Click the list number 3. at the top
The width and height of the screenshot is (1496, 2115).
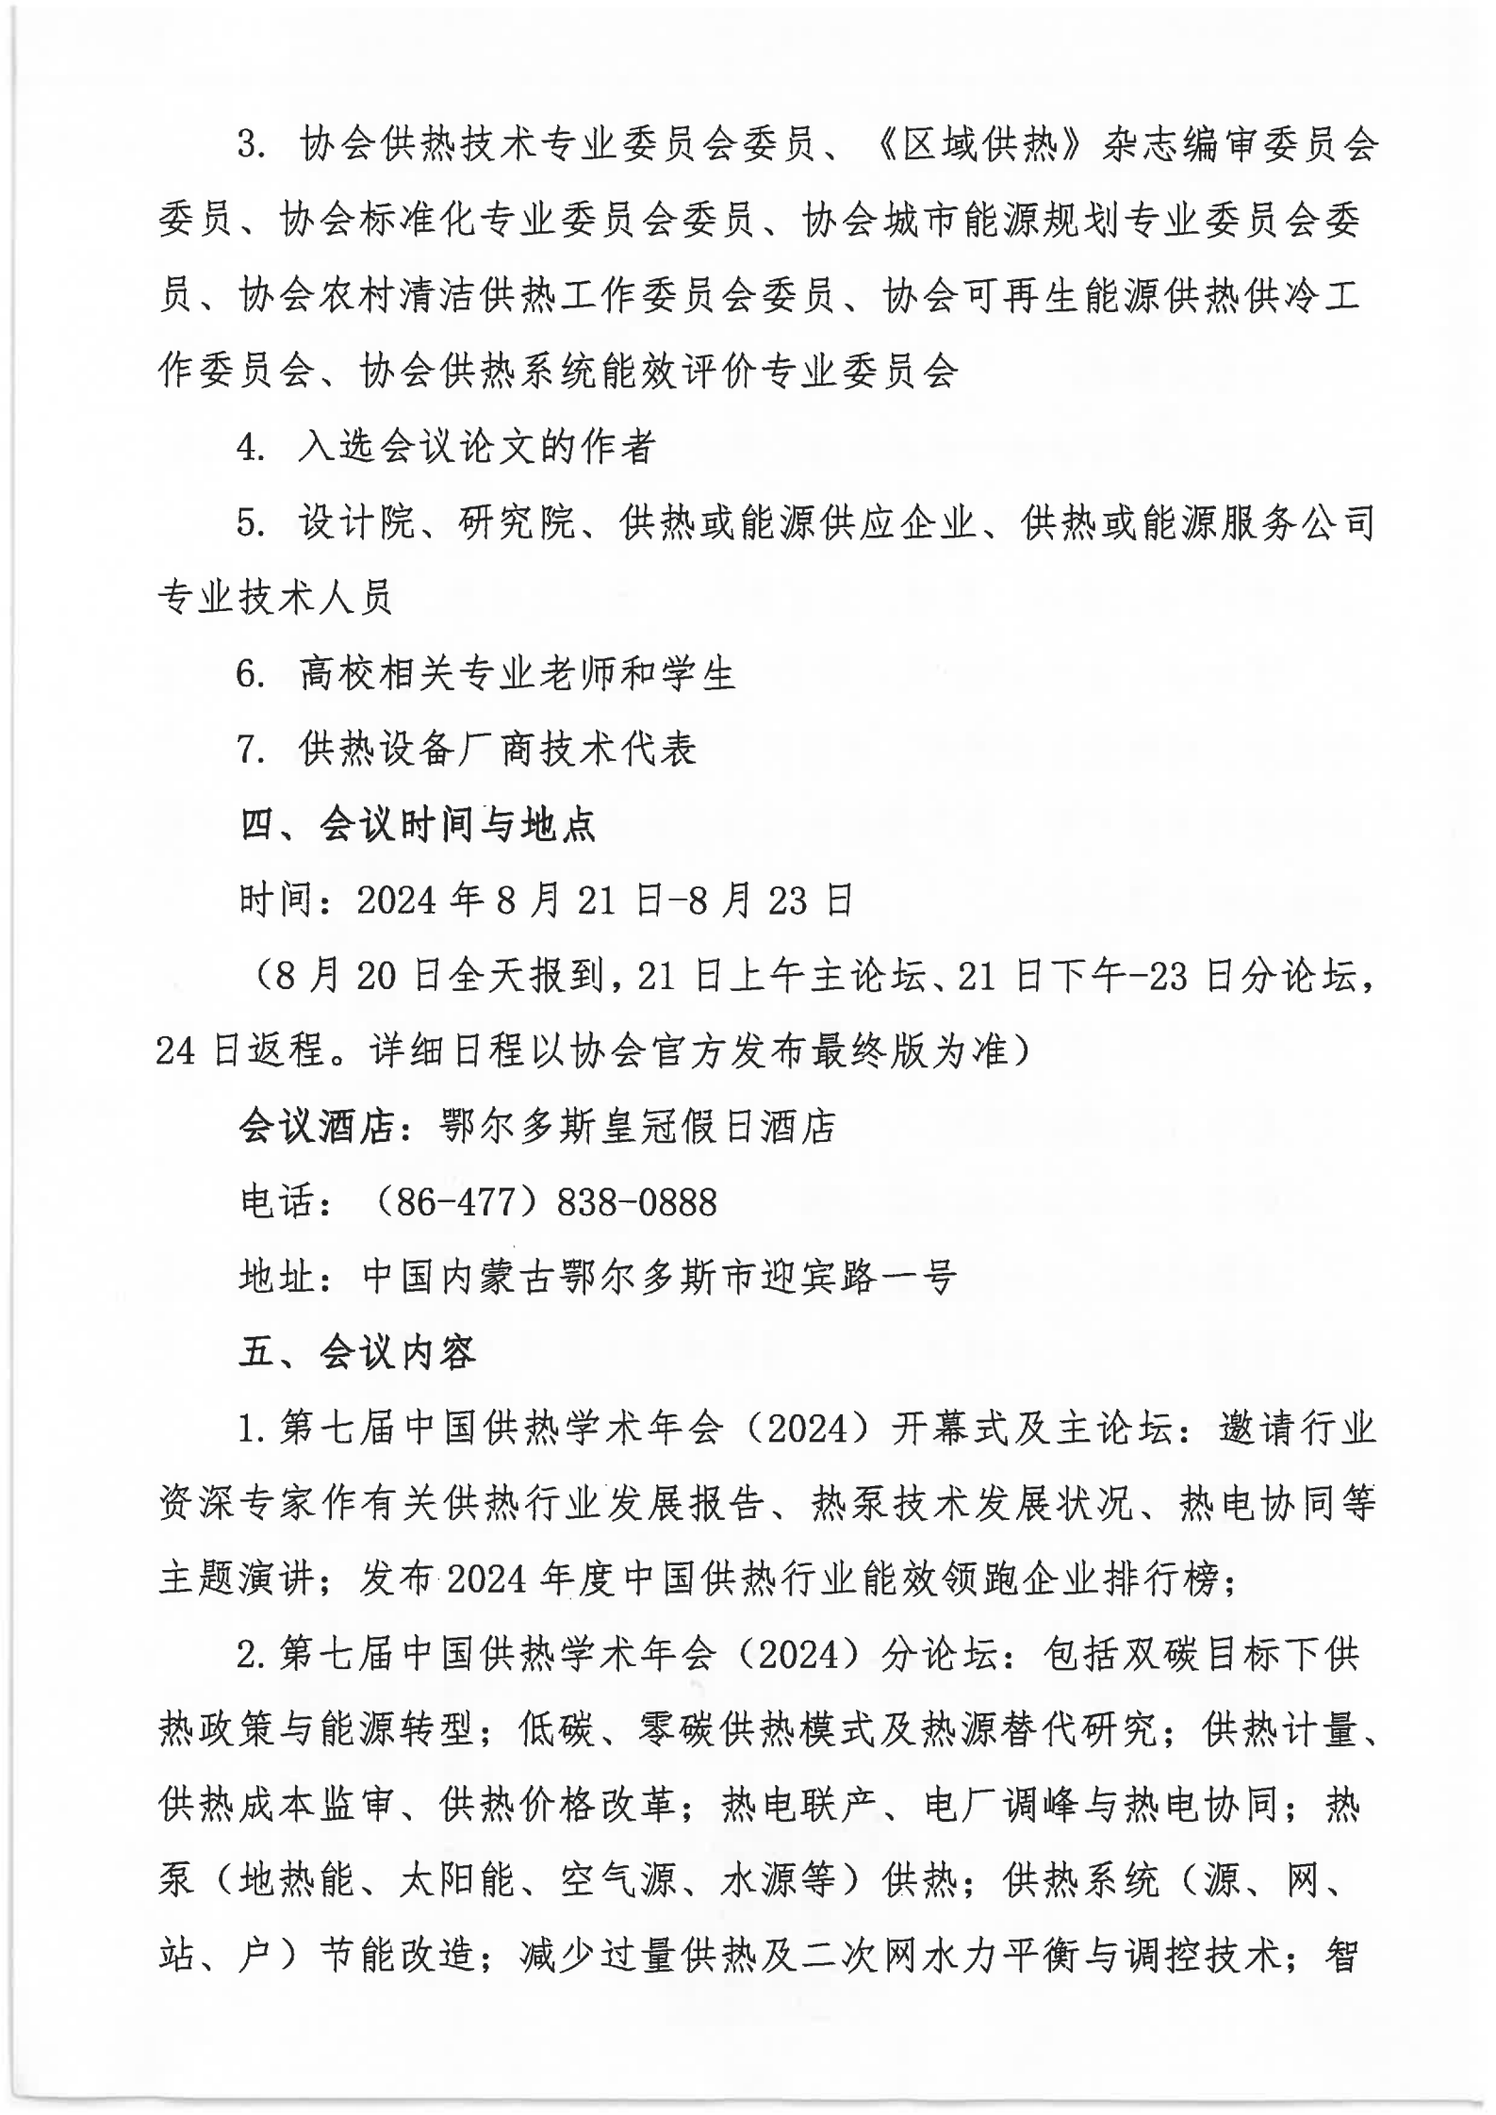[253, 146]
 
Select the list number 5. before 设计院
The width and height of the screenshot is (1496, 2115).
[253, 523]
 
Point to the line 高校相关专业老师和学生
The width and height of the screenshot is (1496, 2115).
[517, 674]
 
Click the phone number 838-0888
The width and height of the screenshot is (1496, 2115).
[637, 1203]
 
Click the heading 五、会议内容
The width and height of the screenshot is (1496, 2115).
[357, 1354]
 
